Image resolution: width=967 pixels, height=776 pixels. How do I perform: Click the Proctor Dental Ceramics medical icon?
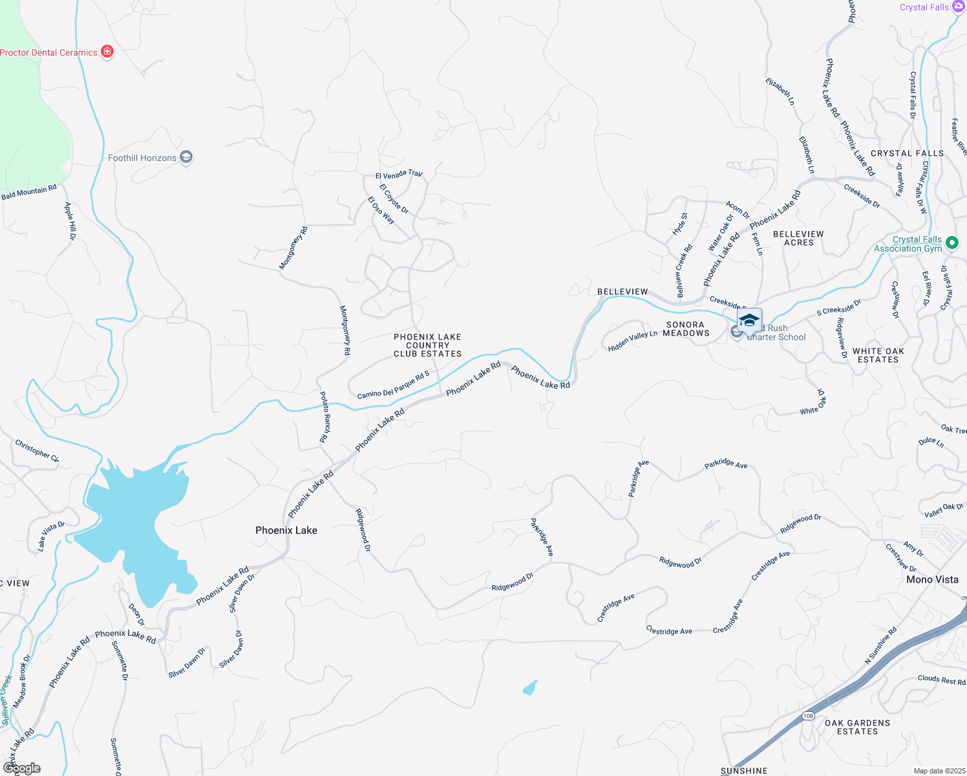point(107,52)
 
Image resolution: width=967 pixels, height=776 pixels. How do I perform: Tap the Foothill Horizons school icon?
point(186,157)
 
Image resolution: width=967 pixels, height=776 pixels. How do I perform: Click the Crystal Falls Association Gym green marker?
point(951,244)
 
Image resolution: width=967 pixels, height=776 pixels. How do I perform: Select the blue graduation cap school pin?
point(749,321)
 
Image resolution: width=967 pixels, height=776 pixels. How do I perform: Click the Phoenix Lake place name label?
point(286,530)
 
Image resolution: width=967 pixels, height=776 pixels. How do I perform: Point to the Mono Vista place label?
point(932,579)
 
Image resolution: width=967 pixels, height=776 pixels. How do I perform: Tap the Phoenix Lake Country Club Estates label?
point(428,345)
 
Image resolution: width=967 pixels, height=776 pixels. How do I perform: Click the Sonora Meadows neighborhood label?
point(686,329)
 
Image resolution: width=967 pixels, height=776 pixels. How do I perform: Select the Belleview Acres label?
point(798,238)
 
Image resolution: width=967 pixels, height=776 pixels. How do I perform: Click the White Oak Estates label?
point(878,355)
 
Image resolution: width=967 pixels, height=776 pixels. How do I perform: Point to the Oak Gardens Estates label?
point(858,727)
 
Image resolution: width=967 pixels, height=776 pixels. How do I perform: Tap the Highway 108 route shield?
point(808,715)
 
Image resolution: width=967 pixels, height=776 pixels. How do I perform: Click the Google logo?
point(22,768)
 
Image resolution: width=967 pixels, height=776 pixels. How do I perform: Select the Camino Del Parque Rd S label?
point(393,385)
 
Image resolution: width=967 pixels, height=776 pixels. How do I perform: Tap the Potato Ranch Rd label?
point(324,417)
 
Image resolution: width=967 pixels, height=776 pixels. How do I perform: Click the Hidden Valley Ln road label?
point(632,341)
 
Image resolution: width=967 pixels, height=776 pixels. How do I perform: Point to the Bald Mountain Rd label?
point(29,192)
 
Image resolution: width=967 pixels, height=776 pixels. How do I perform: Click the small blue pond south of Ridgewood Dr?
point(530,687)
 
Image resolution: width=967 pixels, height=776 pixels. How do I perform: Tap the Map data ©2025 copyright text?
point(939,771)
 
